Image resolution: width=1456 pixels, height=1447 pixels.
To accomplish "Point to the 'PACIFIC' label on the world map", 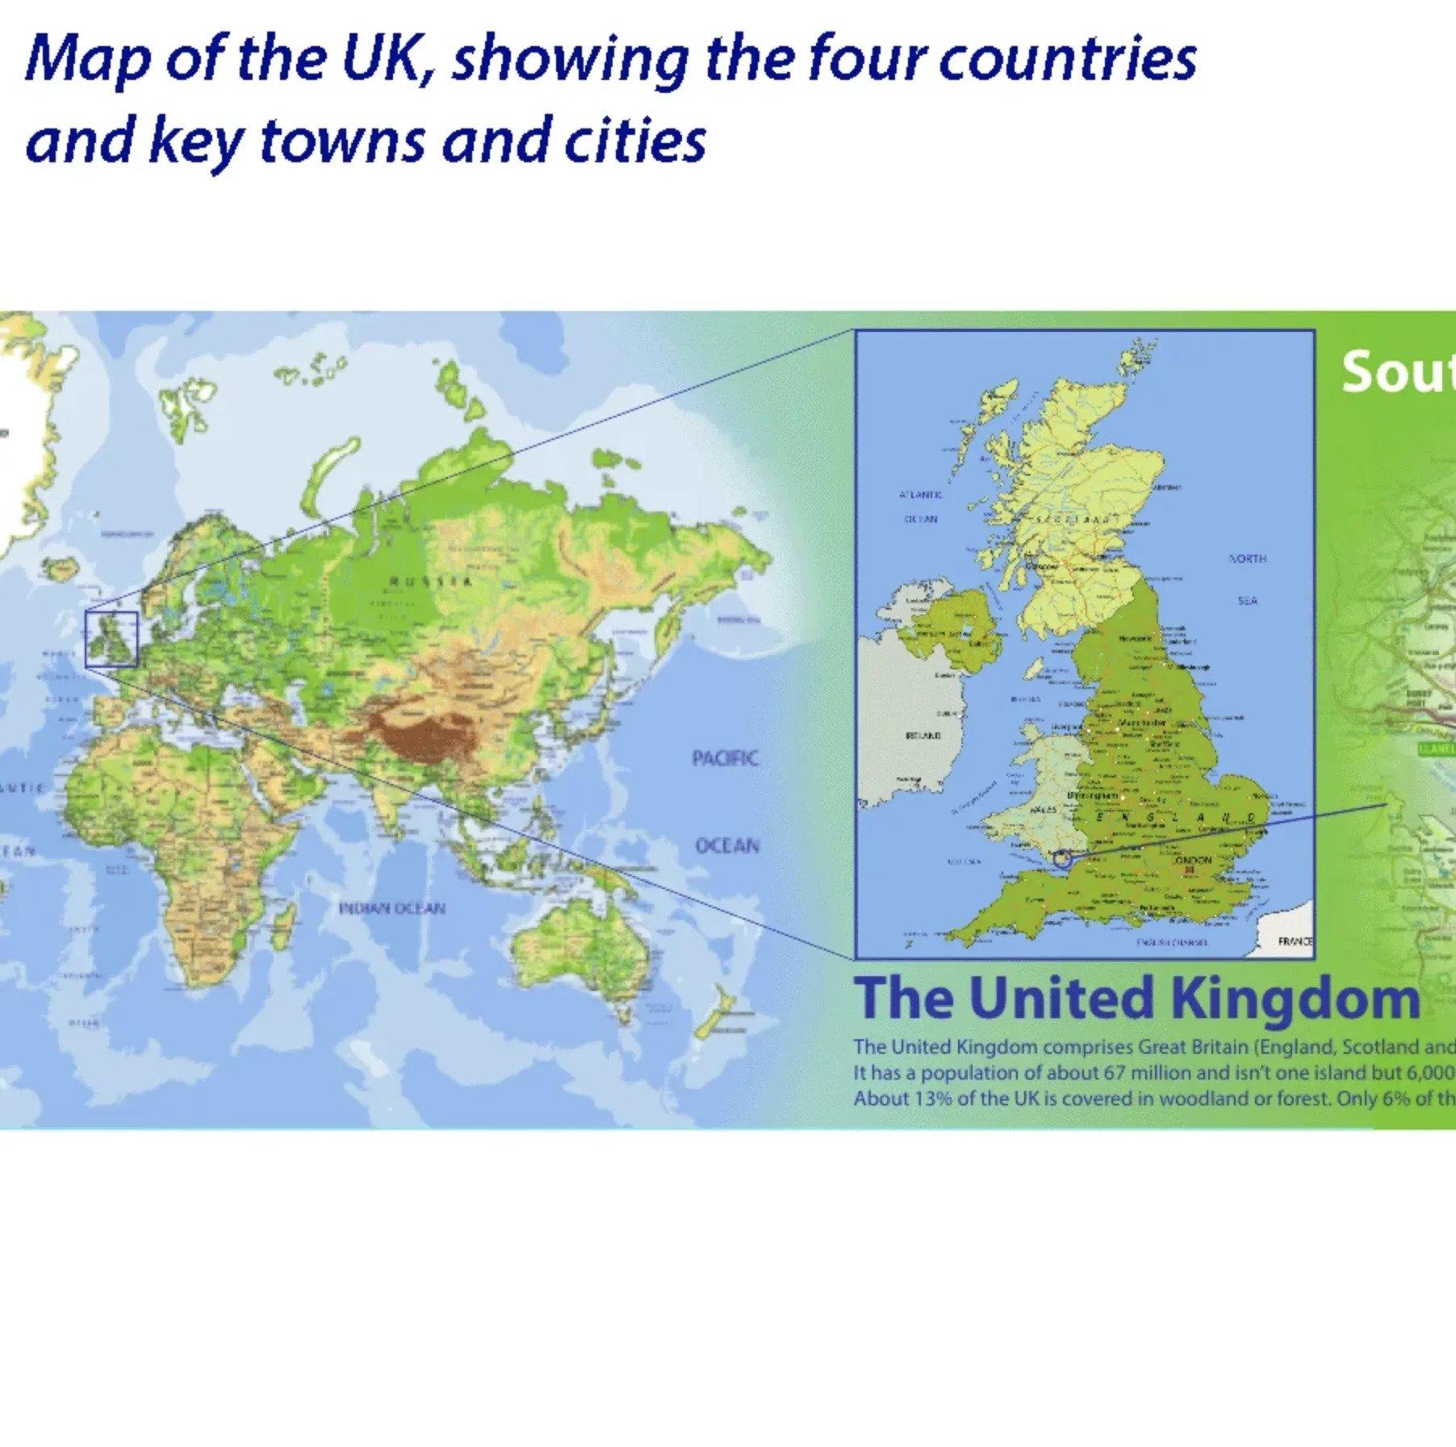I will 725,758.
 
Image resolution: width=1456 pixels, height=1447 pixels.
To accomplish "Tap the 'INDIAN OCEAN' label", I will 391,908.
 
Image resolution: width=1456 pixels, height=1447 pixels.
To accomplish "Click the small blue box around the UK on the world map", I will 111,639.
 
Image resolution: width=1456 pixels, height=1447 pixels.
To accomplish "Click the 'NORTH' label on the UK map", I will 1247,559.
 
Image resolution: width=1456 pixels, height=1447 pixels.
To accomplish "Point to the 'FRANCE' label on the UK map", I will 1295,942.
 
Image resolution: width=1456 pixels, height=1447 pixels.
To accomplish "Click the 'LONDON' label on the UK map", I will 1192,860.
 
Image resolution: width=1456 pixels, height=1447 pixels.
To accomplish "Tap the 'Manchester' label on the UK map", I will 1142,722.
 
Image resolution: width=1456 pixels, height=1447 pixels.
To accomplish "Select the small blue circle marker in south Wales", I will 1063,860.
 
